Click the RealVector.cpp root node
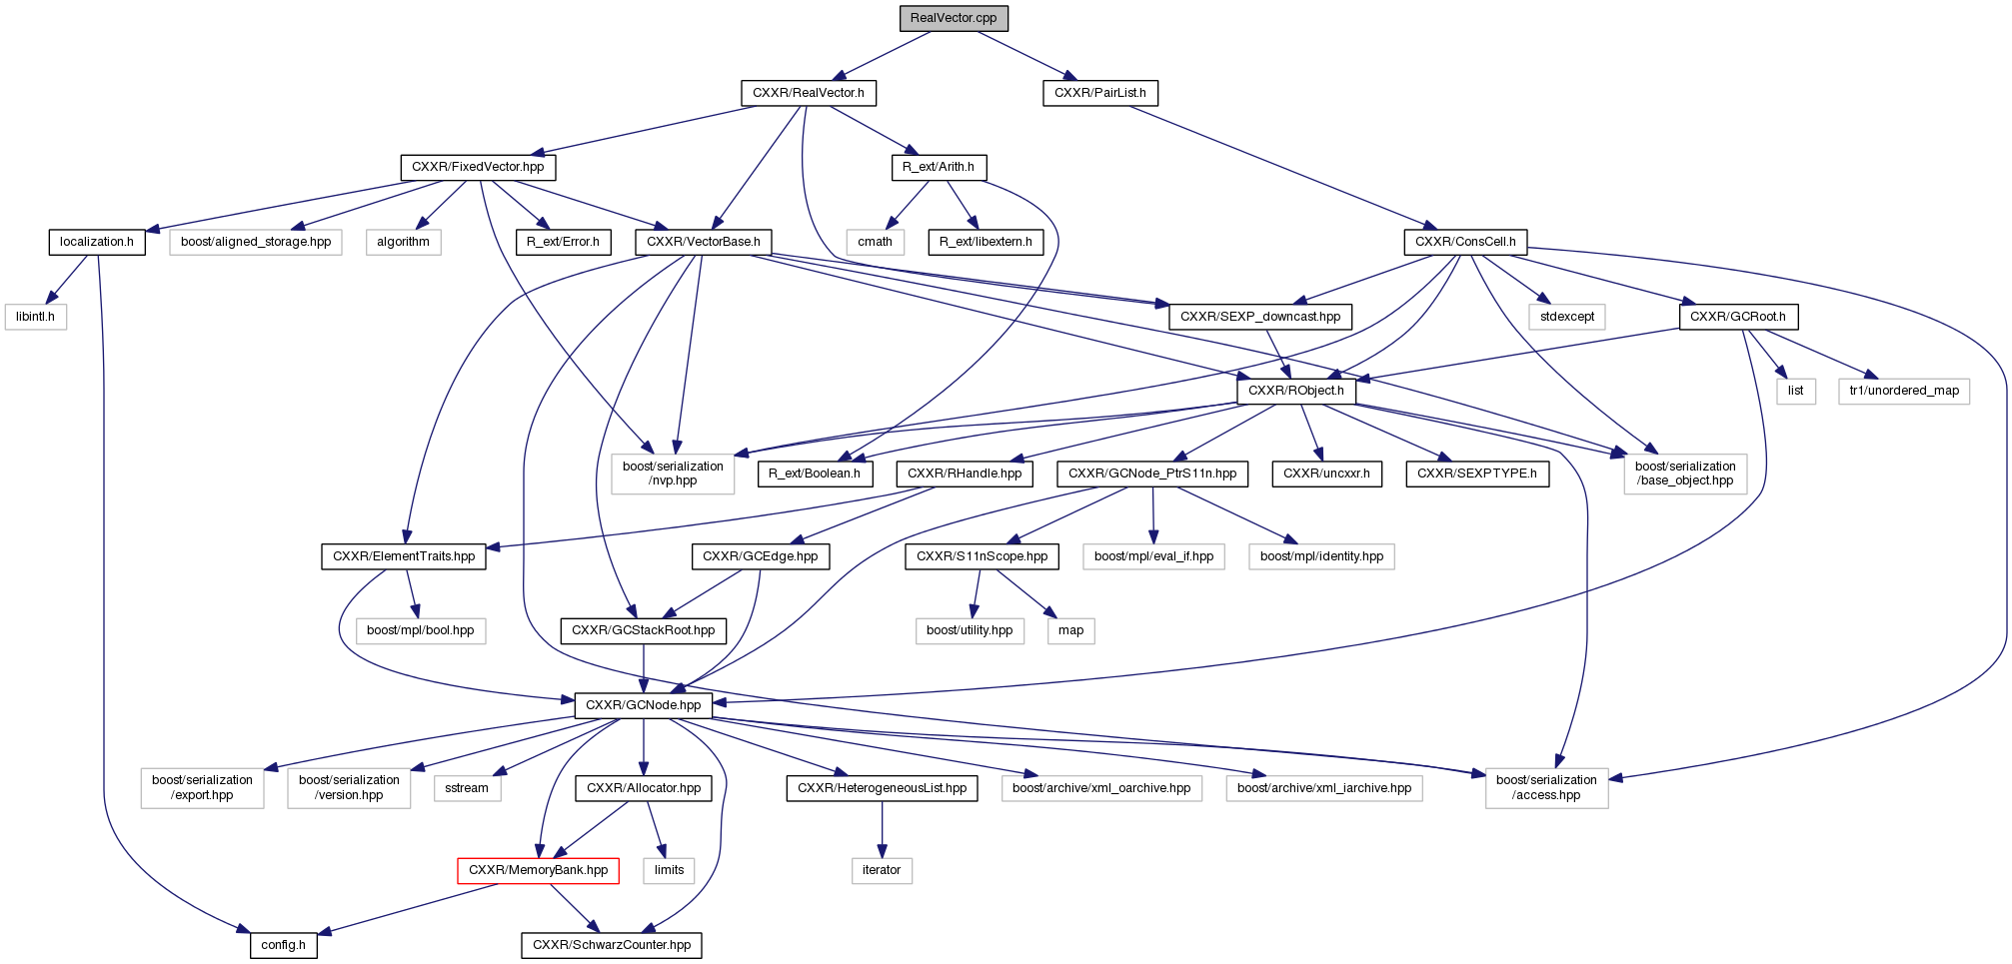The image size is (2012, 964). point(953,18)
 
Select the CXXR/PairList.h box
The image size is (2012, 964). point(1099,93)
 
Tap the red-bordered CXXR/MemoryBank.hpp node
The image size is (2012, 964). point(538,870)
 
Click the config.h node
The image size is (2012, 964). point(283,945)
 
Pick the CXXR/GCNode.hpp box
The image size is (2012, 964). point(643,705)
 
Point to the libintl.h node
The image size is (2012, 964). point(35,317)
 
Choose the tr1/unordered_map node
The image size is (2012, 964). point(1903,391)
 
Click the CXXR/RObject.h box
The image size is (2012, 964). point(1295,391)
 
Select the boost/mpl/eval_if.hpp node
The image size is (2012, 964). point(1153,556)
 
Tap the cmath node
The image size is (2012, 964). point(875,242)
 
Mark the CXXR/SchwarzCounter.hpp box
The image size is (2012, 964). point(611,945)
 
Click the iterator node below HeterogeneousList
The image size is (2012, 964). point(881,870)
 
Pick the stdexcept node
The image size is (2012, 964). point(1566,317)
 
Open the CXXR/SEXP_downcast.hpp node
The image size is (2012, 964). point(1259,317)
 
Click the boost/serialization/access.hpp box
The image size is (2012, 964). point(1545,787)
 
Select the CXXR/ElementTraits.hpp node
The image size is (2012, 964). point(404,556)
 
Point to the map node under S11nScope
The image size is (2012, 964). point(1070,630)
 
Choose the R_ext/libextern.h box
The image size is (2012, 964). point(986,242)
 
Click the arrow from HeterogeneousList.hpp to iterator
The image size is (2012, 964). point(882,829)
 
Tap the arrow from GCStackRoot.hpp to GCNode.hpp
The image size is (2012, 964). point(643,667)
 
